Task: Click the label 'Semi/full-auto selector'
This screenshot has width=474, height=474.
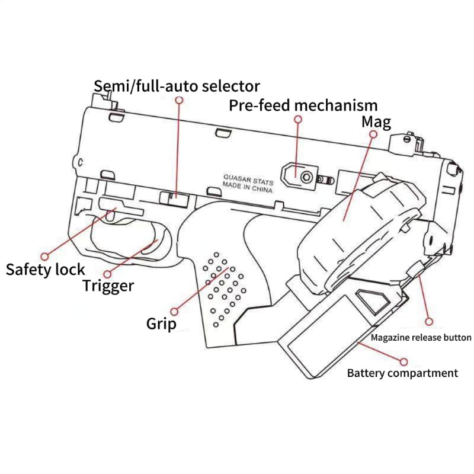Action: tap(177, 86)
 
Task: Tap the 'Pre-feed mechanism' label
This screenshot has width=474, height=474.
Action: tap(303, 105)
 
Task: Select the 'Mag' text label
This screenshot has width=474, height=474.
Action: tap(376, 123)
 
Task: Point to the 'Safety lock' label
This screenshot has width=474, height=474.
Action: tap(46, 270)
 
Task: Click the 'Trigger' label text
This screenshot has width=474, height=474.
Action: tap(108, 286)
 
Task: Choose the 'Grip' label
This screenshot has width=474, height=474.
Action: tap(161, 324)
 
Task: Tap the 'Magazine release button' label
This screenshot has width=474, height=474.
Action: tap(421, 338)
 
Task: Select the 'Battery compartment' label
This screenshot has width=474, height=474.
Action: tap(402, 373)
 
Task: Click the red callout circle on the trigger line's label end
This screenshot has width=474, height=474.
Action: tap(108, 274)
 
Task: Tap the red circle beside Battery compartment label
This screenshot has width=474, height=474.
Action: tap(403, 360)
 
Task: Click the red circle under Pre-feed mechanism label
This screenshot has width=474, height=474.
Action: tap(298, 119)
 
